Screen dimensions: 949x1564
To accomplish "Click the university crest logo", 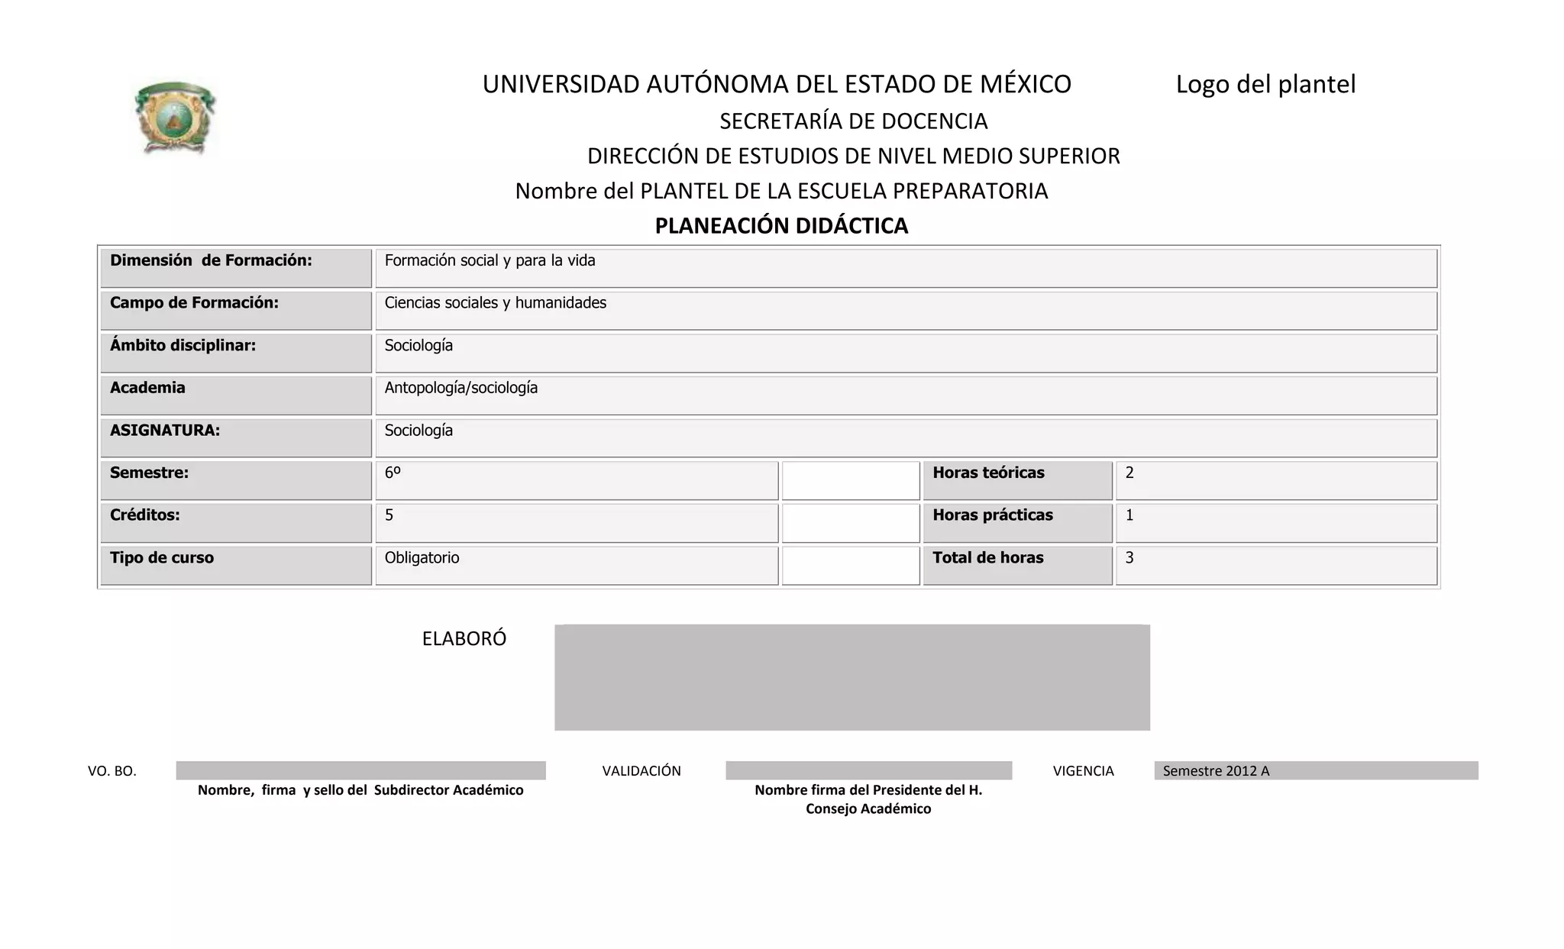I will (175, 118).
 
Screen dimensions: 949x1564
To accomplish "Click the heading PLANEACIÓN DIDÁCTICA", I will (781, 226).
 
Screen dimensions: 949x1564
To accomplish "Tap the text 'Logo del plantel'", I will (1265, 84).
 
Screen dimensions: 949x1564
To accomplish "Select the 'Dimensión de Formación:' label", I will (211, 260).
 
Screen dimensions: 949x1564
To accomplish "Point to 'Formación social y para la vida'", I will (490, 260).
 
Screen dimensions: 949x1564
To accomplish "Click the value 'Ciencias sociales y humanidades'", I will (495, 303).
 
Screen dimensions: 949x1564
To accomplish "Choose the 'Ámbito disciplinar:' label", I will (183, 345).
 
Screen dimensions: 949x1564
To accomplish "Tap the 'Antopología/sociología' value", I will (460, 388).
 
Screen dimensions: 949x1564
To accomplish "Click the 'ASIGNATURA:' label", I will (165, 431).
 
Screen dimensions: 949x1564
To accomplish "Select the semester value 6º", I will (393, 473).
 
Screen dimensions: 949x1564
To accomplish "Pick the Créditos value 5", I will (389, 515).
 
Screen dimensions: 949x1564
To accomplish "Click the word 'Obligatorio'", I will (422, 558).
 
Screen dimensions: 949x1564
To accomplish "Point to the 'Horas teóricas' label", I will (988, 473).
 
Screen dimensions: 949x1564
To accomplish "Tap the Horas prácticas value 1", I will (1129, 515).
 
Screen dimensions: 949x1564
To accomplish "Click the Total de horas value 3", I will (1129, 558).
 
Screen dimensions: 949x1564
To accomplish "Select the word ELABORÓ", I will (464, 639).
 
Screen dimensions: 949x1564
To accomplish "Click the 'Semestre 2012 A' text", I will (1216, 771).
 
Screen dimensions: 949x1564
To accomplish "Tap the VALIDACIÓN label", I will (641, 771).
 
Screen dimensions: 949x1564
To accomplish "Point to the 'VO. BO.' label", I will (112, 771).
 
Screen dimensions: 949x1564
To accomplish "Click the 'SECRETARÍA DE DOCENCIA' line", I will (853, 121).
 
